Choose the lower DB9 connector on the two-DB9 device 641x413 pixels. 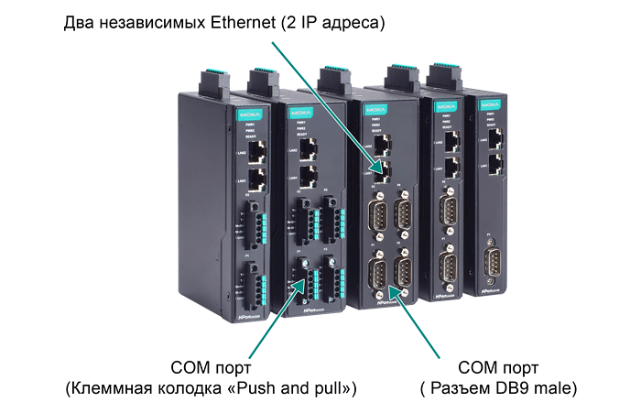[449, 266]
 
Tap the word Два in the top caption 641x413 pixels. [79, 21]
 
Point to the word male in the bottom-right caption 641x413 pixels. [558, 388]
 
